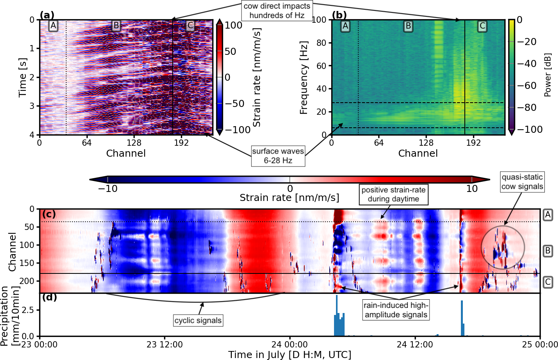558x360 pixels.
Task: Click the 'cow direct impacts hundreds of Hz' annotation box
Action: pos(277,11)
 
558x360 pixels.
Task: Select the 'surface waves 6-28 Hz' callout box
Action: pos(278,156)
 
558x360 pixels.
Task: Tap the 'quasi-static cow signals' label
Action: pos(522,182)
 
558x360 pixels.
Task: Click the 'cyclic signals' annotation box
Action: pos(198,320)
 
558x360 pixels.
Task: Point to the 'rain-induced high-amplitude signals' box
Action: pos(396,310)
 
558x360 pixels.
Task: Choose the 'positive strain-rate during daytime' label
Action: pos(393,194)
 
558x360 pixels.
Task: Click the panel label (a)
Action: pos(47,15)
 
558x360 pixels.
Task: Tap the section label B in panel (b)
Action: pos(408,26)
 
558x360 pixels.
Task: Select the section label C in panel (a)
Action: pos(190,26)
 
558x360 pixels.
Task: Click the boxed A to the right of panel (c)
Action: pos(548,215)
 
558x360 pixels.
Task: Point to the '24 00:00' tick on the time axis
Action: pos(290,345)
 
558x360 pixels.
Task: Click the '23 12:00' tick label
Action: pos(164,345)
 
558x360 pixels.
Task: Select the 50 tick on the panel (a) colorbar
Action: pos(230,51)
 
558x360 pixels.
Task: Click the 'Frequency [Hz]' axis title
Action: pos(303,78)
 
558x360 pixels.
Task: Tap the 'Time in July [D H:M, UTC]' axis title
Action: pos(290,355)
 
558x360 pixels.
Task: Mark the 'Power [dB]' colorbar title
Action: pos(547,75)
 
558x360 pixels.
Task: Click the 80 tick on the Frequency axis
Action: pos(321,43)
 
